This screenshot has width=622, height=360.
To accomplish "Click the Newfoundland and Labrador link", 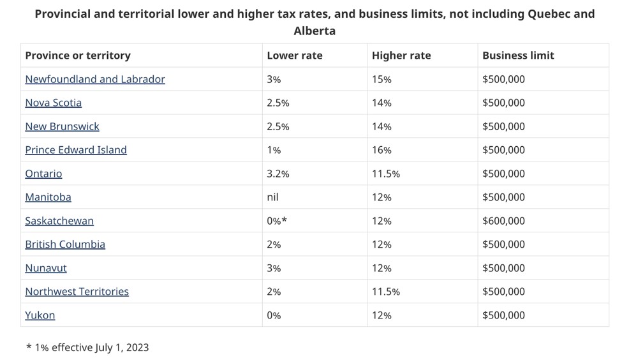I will [95, 79].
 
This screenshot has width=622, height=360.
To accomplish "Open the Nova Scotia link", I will [54, 103].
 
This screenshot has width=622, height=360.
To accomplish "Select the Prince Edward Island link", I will [76, 150].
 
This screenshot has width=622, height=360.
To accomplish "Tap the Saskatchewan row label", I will [59, 221].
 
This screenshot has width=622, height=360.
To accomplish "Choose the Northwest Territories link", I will [77, 292].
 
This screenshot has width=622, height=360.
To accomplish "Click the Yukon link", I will [40, 315].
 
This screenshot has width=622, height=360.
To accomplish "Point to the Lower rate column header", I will [295, 56].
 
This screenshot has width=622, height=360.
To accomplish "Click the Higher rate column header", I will [401, 56].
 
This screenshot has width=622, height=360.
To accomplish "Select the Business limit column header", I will [518, 56].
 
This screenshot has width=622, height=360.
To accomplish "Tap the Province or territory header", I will [78, 56].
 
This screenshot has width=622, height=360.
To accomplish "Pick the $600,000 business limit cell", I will [503, 221].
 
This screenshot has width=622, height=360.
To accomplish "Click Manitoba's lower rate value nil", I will [272, 197].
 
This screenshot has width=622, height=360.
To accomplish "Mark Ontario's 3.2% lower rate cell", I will [278, 174].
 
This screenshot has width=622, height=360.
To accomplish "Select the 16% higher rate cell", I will [381, 150].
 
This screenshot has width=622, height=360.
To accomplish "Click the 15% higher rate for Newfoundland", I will [381, 79].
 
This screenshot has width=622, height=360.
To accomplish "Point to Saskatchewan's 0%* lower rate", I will [277, 221].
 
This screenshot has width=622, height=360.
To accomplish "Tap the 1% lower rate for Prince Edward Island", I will [274, 150].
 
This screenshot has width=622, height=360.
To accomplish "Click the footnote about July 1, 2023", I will [87, 347].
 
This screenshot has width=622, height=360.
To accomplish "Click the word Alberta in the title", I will [315, 31].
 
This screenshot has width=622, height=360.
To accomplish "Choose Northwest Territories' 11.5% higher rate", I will [386, 292].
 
